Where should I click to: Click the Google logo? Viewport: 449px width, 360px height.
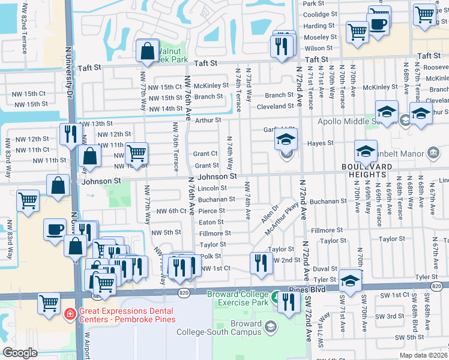(20, 353)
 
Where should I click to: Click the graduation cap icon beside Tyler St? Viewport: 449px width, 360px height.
(350, 280)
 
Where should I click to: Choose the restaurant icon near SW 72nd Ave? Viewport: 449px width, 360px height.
(289, 303)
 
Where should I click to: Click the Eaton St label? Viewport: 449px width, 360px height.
(211, 222)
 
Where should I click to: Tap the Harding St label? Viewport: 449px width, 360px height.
(319, 26)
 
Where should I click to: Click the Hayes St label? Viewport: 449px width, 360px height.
(321, 143)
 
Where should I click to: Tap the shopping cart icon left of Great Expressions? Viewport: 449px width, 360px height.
(49, 302)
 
